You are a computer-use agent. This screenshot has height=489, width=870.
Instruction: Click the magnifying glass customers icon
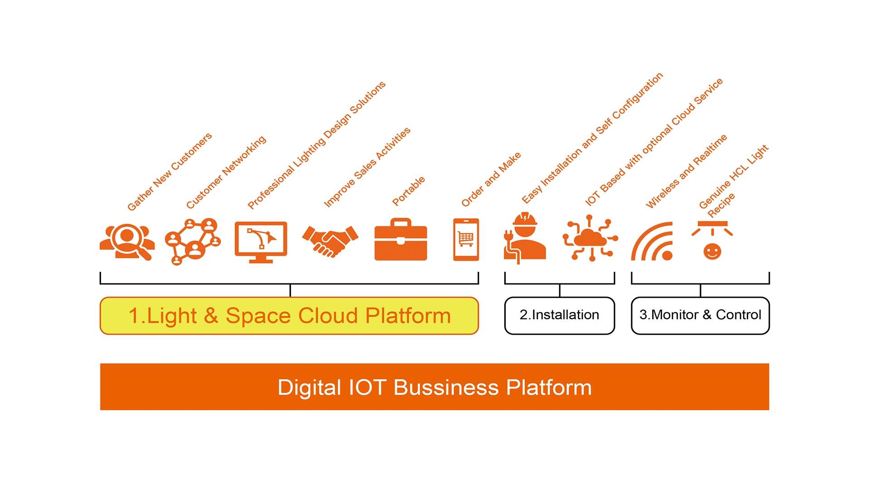127,241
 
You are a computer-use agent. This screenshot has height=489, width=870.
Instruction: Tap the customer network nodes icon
193,241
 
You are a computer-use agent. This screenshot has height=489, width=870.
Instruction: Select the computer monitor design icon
261,241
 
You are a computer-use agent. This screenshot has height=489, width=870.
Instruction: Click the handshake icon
330,241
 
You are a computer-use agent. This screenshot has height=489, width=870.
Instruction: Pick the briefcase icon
401,240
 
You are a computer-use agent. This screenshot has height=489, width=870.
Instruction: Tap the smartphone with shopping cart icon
466,240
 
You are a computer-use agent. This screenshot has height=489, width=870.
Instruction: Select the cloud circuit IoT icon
590,239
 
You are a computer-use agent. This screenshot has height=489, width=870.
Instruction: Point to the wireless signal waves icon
652,242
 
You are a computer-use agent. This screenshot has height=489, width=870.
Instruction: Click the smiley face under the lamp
712,251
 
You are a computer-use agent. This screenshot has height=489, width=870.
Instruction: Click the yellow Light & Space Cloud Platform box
289,316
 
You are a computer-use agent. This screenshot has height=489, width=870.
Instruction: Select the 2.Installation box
559,315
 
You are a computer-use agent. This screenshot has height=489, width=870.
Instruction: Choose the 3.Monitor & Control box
700,315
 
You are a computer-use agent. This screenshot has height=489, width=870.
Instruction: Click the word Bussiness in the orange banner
446,388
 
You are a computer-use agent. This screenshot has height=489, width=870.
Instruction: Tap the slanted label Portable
409,191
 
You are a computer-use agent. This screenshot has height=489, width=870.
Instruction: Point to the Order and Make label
491,179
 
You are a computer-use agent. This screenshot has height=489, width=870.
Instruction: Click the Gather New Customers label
169,172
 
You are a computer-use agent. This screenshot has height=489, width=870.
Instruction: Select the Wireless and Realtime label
686,171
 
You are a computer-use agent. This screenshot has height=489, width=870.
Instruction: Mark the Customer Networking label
226,172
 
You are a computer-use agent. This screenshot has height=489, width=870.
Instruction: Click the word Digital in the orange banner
309,388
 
